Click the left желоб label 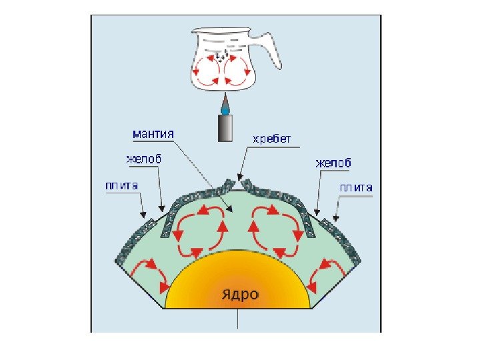point(144,159)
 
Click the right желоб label point(333,163)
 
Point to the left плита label point(120,186)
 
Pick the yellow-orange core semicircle point(238,283)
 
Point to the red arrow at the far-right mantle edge point(329,273)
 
